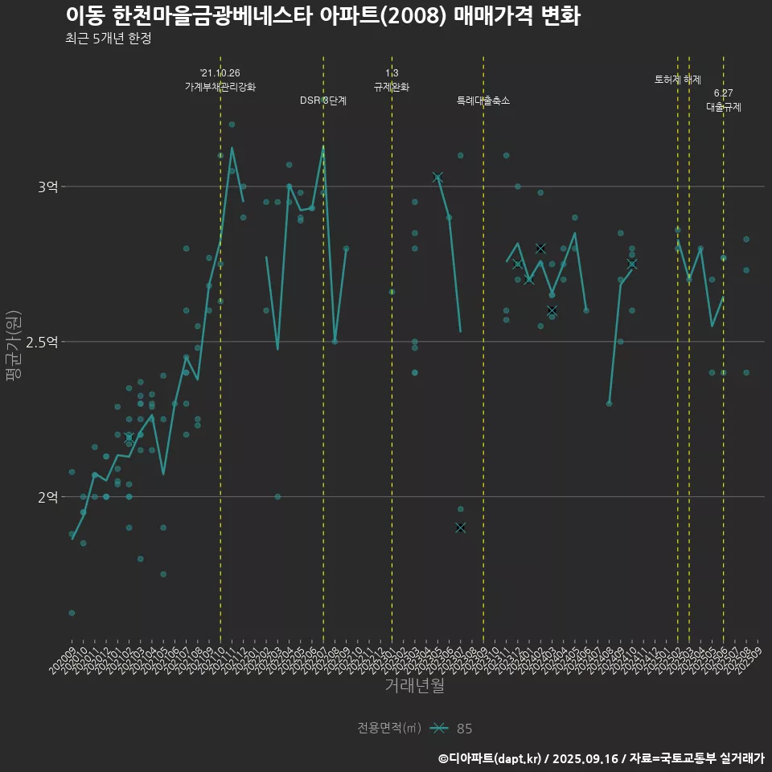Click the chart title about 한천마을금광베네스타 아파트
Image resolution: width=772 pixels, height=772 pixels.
tap(322, 16)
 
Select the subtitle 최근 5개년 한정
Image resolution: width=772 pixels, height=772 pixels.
tap(108, 39)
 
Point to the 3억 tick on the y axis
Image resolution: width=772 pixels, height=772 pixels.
tap(47, 187)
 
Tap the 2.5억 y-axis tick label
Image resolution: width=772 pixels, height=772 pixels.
tap(42, 342)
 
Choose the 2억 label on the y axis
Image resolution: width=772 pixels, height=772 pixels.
tap(47, 497)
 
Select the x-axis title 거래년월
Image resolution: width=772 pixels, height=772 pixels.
tap(414, 686)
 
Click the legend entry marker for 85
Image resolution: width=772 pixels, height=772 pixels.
tap(438, 729)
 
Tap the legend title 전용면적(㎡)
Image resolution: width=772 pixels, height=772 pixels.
tap(389, 729)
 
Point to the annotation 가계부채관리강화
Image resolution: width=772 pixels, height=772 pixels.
tap(220, 87)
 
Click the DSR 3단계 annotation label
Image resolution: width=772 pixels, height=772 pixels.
tap(323, 101)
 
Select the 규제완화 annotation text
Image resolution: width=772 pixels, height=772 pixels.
tap(392, 87)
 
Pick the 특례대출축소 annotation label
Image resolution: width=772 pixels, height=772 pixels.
tap(483, 101)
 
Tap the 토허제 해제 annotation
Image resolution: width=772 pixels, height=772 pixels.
tap(678, 80)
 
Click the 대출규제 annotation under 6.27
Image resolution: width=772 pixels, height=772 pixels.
tap(724, 106)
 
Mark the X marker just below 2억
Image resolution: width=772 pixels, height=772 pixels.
tap(460, 528)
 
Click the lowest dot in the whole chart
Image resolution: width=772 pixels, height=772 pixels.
tap(72, 613)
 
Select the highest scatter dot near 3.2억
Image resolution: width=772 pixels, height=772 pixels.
tap(232, 125)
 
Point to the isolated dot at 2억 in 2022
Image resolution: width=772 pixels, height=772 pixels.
tap(277, 497)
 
